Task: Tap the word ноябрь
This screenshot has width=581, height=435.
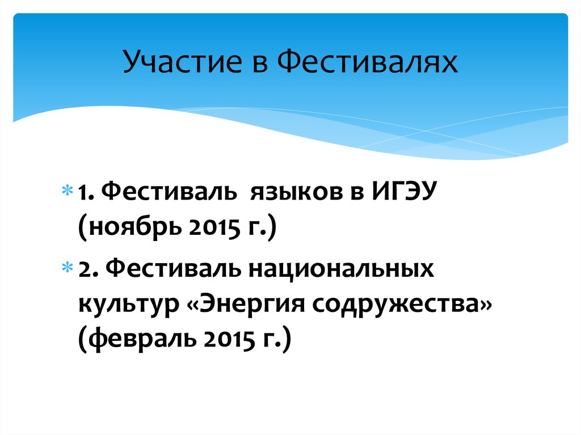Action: tap(136, 231)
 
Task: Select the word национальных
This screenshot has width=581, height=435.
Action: tap(339, 268)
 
